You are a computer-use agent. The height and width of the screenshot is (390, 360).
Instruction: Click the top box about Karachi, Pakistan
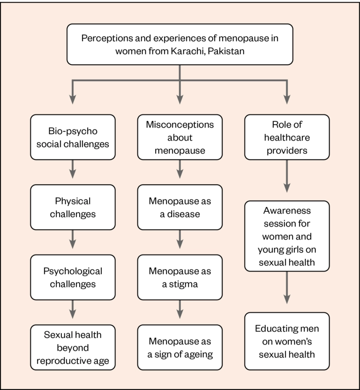point(180,44)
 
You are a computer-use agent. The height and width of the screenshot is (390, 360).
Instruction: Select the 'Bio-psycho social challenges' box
point(73,137)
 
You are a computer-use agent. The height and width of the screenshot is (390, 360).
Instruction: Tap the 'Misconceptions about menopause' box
point(180,137)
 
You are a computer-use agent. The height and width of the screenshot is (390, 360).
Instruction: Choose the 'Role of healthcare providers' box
point(287,137)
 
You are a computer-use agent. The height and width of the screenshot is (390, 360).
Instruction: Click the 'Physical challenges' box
point(73,207)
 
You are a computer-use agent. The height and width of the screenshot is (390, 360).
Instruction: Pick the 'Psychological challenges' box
point(73,277)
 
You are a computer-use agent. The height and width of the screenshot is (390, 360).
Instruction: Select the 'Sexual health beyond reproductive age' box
point(73,347)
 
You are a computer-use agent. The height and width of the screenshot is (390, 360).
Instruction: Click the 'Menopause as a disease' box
point(180,207)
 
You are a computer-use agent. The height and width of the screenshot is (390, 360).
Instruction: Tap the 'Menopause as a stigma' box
point(180,277)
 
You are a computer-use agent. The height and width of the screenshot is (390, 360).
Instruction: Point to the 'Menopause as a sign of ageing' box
point(180,347)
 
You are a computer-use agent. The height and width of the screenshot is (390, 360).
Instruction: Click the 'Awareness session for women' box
point(287,236)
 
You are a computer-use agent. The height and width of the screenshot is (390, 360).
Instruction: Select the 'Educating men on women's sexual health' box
point(287,341)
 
